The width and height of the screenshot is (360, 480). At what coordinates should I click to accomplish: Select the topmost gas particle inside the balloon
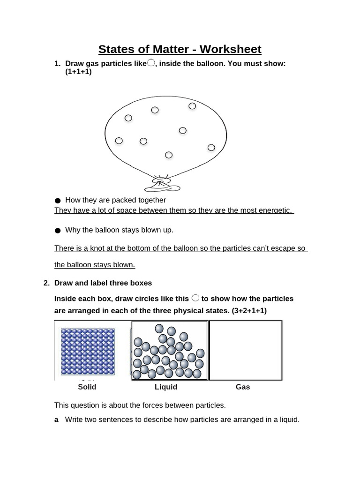(x=192, y=106)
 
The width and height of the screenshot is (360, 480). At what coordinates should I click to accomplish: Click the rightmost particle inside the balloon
(x=211, y=148)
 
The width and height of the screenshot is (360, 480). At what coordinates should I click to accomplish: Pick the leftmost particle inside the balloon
(x=119, y=141)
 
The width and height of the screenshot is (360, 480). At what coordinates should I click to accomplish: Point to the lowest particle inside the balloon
(x=169, y=155)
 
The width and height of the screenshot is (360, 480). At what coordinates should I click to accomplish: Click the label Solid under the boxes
(x=87, y=387)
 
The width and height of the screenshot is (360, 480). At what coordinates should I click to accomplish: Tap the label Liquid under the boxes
(x=166, y=387)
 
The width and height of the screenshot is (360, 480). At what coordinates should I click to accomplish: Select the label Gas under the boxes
(x=243, y=387)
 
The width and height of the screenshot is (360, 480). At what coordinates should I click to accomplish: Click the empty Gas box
(x=246, y=350)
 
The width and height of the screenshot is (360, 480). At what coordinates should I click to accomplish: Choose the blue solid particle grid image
(x=88, y=352)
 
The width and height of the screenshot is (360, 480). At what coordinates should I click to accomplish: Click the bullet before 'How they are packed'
(x=58, y=201)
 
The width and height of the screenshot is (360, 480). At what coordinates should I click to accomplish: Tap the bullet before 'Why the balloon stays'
(x=58, y=230)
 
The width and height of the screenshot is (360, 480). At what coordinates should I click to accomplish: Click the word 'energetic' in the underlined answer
(x=274, y=210)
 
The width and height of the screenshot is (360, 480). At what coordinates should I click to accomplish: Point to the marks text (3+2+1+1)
(x=249, y=311)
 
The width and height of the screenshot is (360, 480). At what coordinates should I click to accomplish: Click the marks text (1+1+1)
(x=78, y=72)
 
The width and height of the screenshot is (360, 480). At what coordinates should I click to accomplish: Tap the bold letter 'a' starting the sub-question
(x=57, y=420)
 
